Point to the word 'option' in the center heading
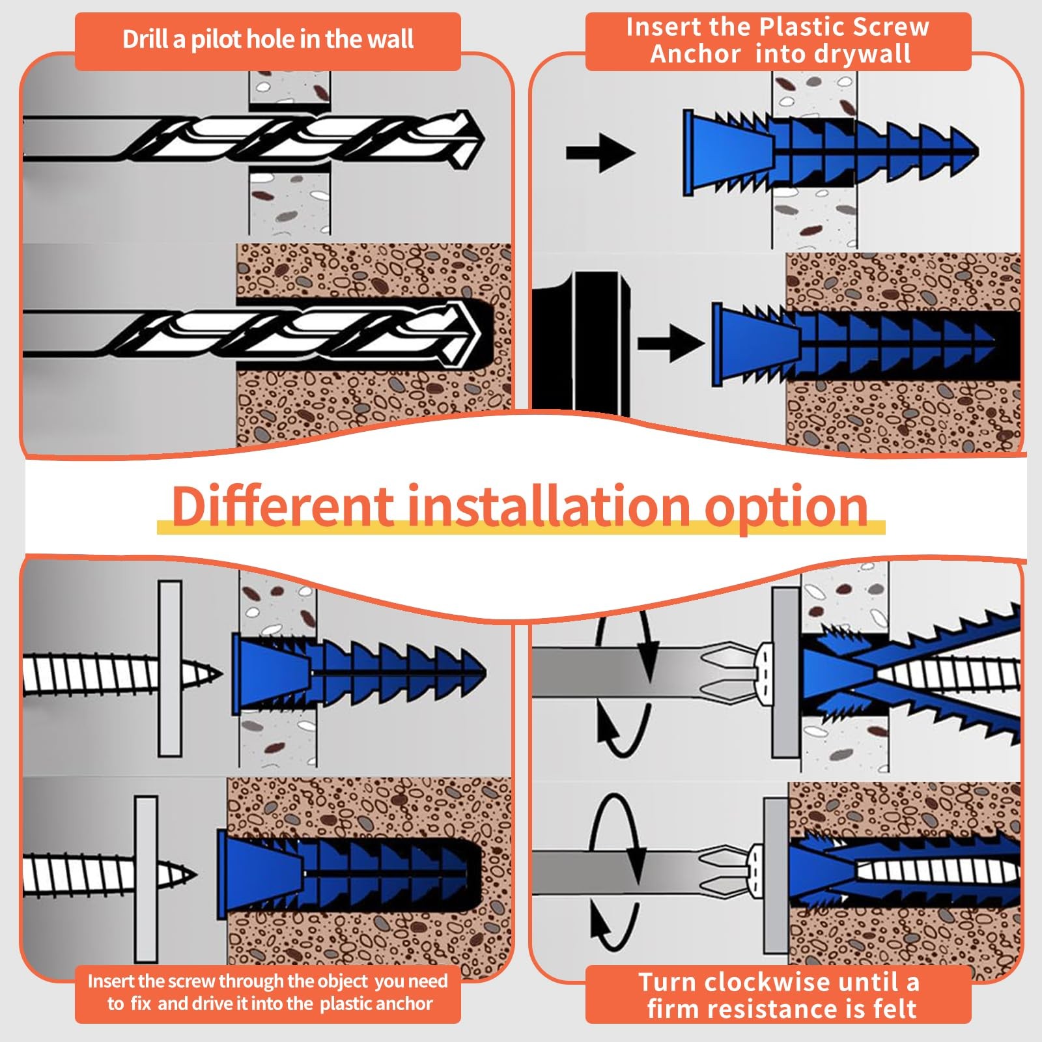click(787, 509)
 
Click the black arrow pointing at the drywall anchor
click(600, 154)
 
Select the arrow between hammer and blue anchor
click(671, 343)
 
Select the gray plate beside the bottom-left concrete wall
click(147, 879)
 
